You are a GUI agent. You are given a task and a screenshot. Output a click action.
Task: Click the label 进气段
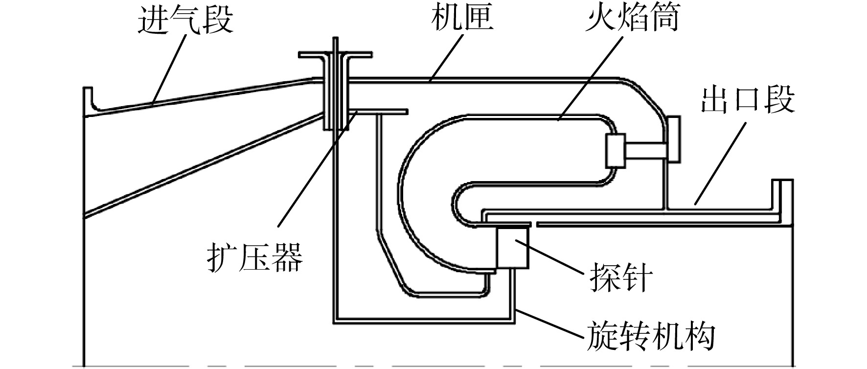click(x=185, y=20)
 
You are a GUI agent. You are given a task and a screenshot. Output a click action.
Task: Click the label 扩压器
click(x=254, y=257)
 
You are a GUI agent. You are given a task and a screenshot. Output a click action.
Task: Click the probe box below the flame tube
click(x=512, y=248)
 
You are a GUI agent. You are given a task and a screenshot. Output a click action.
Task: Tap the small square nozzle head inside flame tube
click(x=616, y=150)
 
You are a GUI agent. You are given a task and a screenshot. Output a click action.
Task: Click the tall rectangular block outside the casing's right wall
click(x=673, y=139)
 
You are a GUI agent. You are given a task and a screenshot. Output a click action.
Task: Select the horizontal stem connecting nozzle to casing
click(x=646, y=151)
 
